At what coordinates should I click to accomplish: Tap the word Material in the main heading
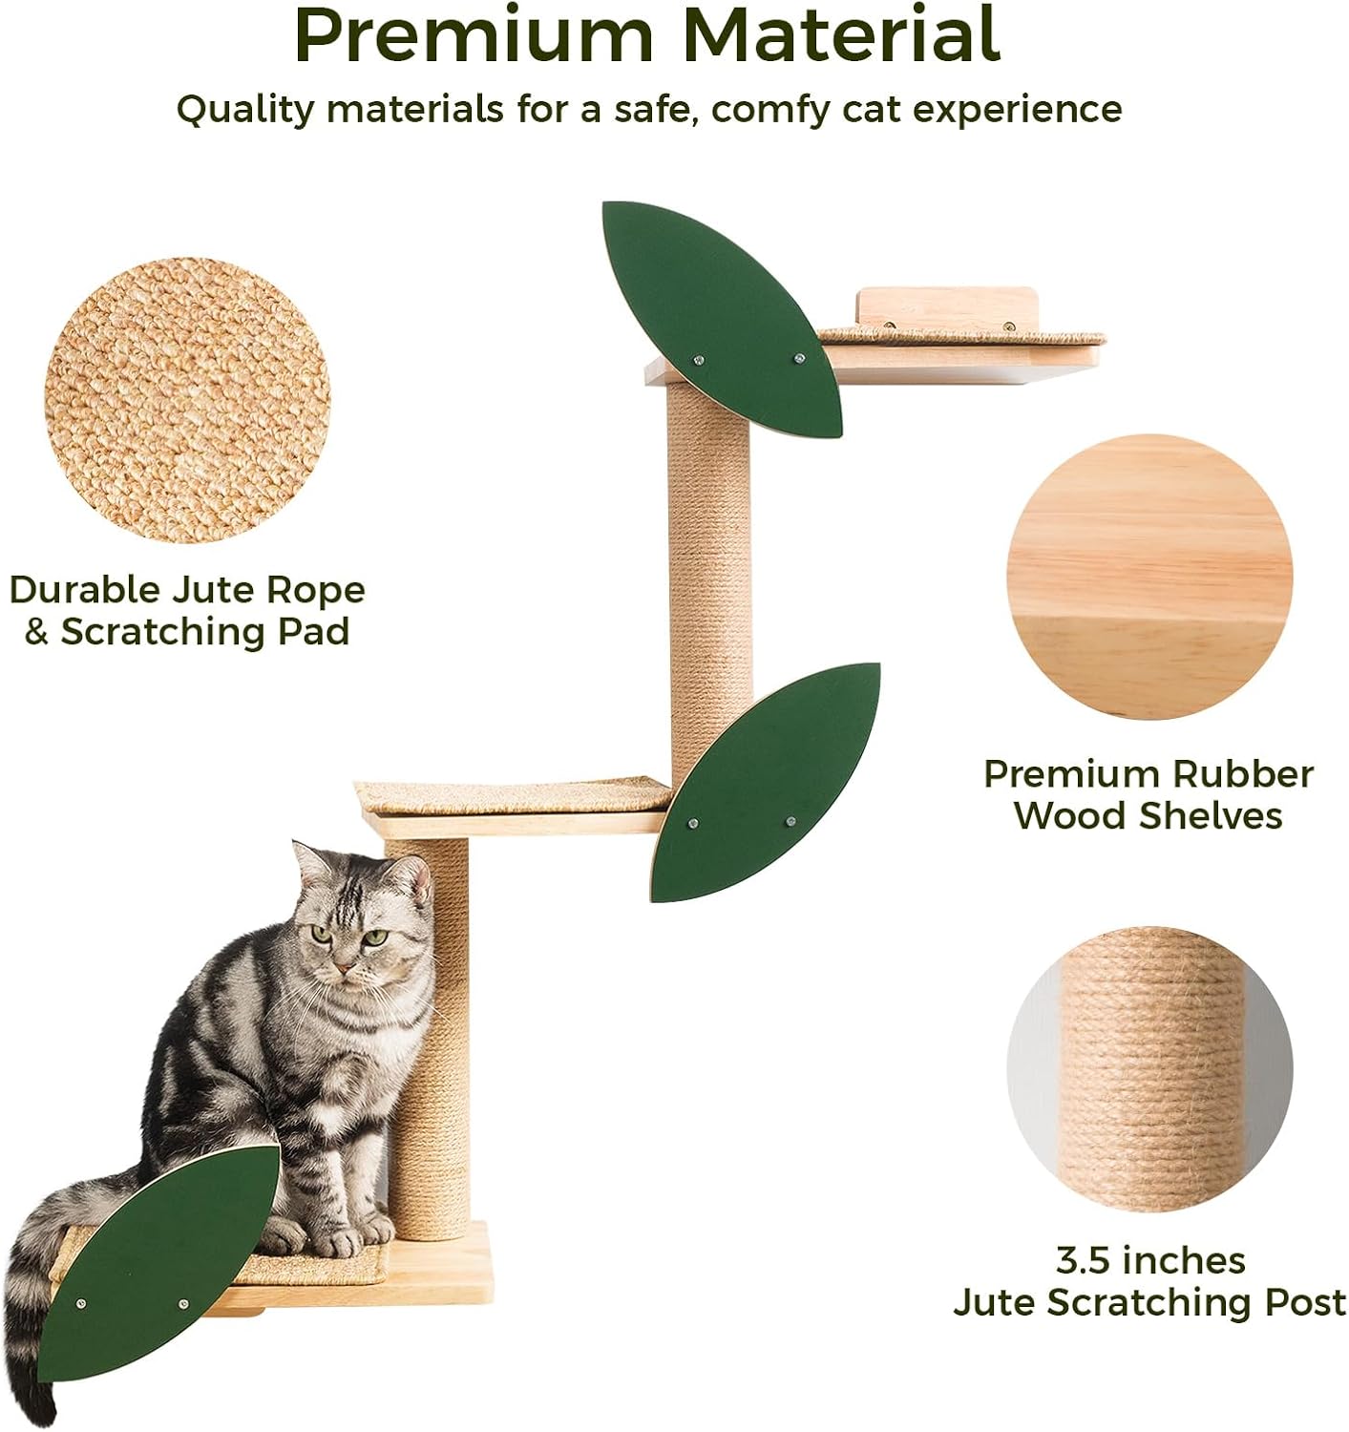pyautogui.click(x=841, y=35)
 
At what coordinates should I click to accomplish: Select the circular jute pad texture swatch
pyautogui.click(x=188, y=401)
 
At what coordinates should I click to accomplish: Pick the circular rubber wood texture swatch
pyautogui.click(x=1149, y=578)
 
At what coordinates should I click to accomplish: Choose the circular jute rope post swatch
pyautogui.click(x=1149, y=1069)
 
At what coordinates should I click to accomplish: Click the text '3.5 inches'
pyautogui.click(x=1149, y=1260)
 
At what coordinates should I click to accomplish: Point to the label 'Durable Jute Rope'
pyautogui.click(x=188, y=590)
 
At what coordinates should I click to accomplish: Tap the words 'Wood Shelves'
pyautogui.click(x=1149, y=815)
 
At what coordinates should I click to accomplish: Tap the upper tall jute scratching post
pyautogui.click(x=708, y=573)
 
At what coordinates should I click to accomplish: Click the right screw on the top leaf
pyautogui.click(x=800, y=359)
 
